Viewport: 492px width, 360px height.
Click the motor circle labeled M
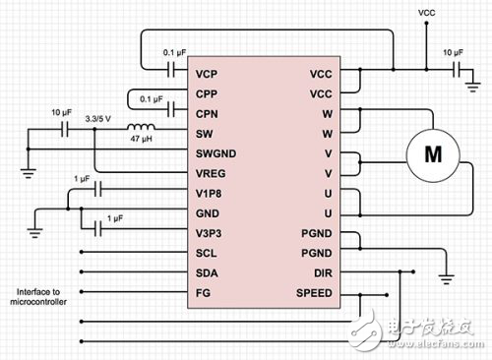coord(432,153)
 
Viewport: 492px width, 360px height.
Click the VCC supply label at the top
coord(427,13)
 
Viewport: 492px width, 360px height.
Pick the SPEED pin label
coord(315,293)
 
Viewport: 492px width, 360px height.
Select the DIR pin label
coord(322,272)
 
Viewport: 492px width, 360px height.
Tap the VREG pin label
coord(211,172)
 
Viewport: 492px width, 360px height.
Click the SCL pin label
coord(206,253)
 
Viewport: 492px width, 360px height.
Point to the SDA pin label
coord(207,272)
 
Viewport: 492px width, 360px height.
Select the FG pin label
coord(203,293)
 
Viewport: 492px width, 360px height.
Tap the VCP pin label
coord(207,73)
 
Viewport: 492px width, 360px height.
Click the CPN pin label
coord(207,112)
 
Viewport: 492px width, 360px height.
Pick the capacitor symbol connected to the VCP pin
coord(172,71)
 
